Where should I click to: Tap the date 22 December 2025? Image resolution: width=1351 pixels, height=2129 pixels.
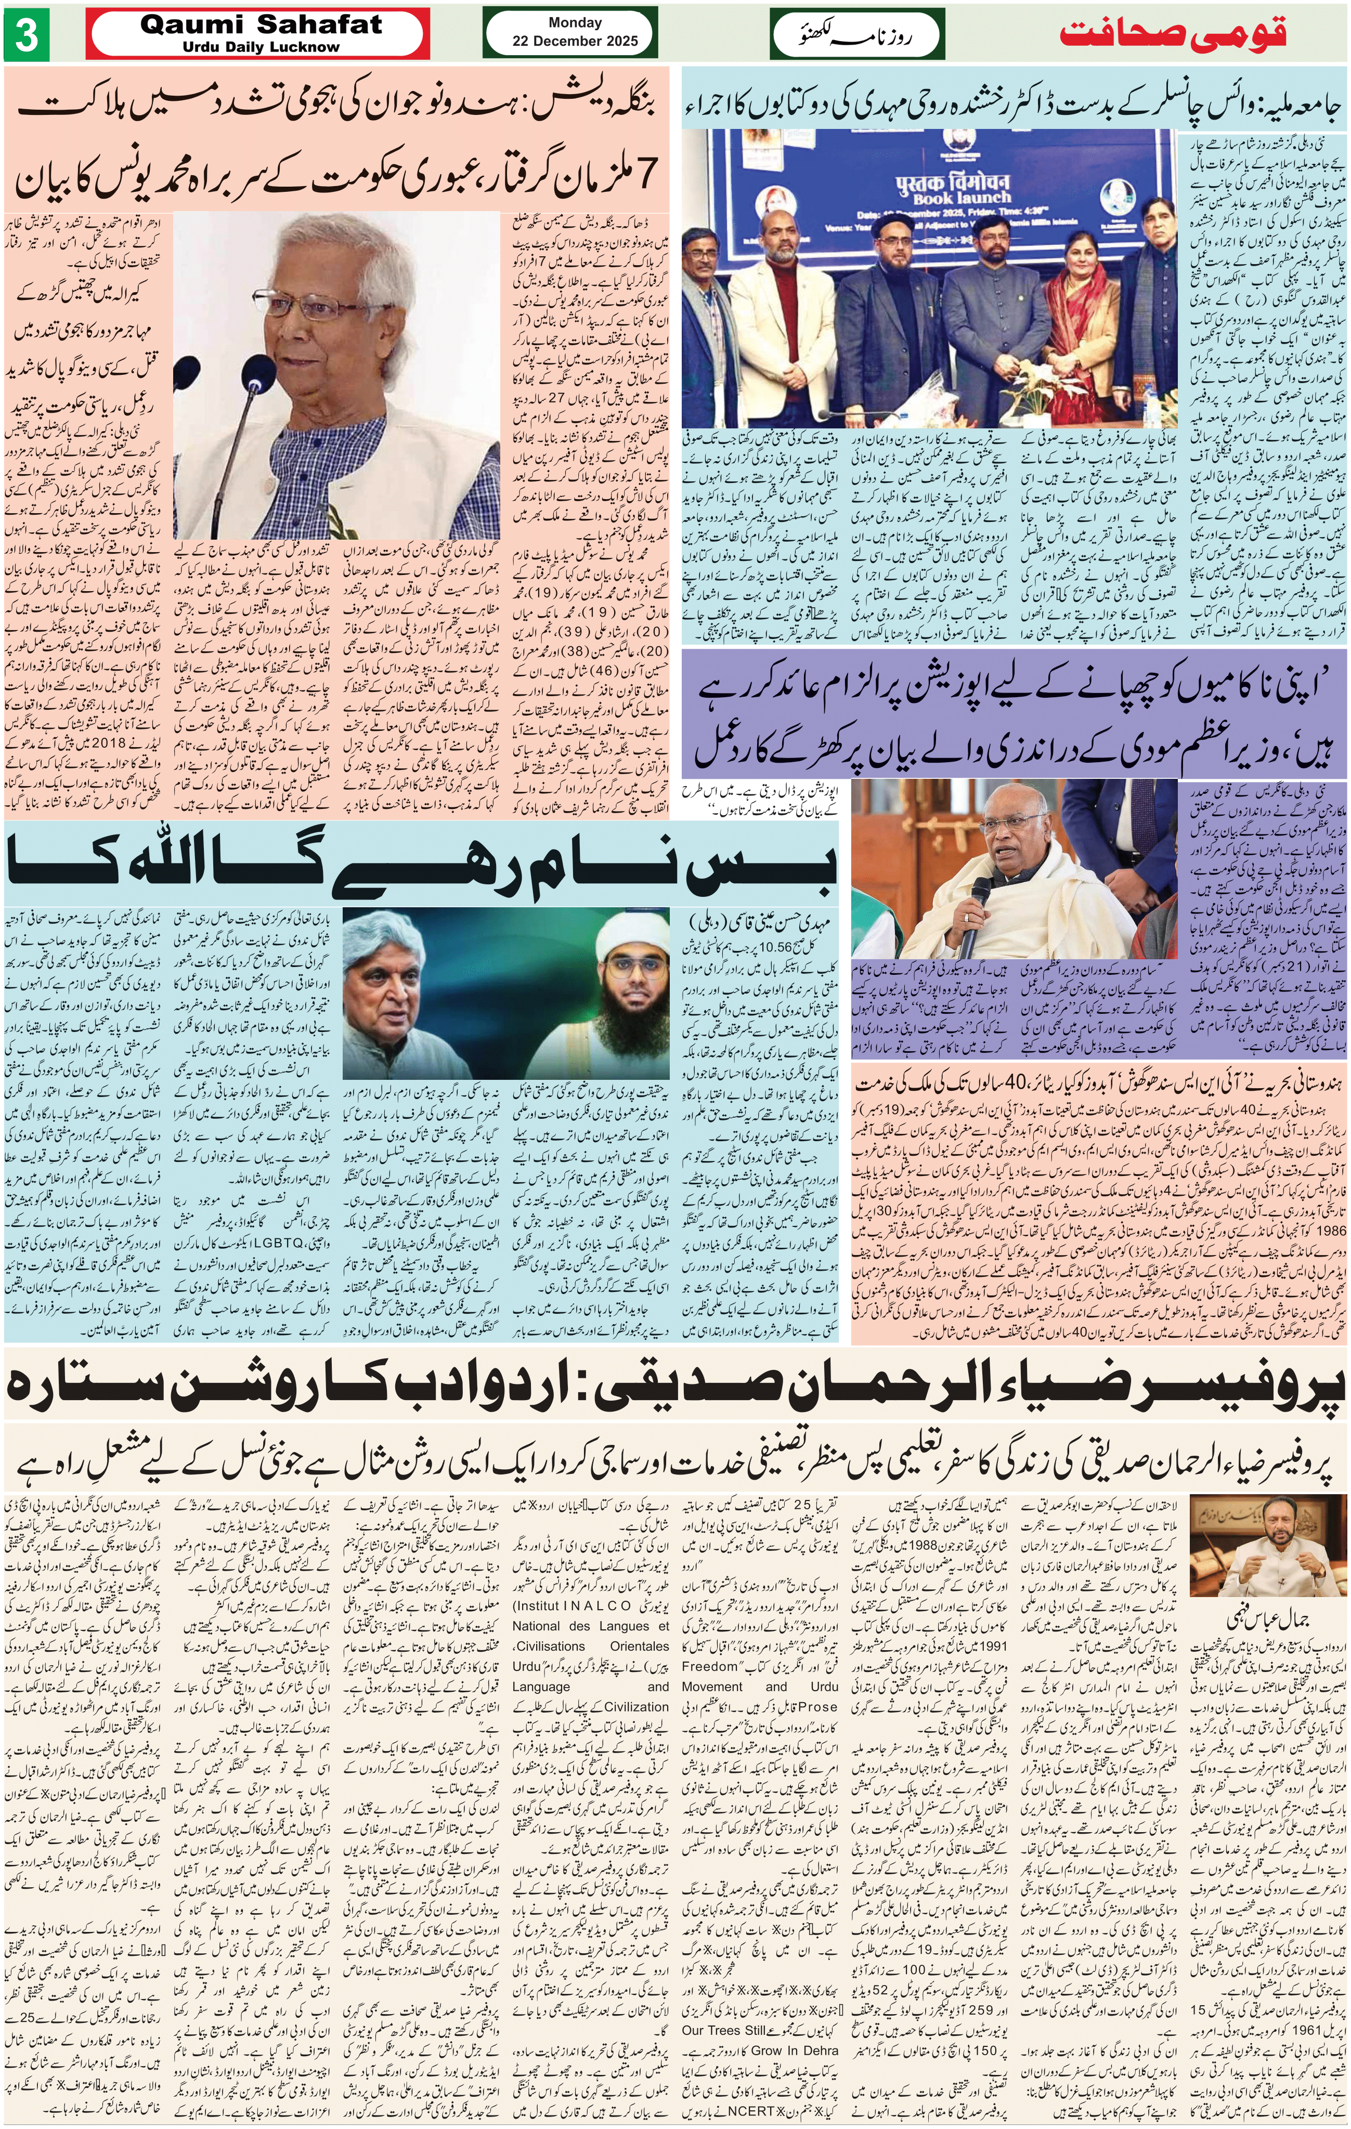click(575, 41)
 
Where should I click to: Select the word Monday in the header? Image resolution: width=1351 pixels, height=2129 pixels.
click(575, 22)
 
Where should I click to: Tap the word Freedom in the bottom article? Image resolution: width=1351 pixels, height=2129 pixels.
click(709, 1667)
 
